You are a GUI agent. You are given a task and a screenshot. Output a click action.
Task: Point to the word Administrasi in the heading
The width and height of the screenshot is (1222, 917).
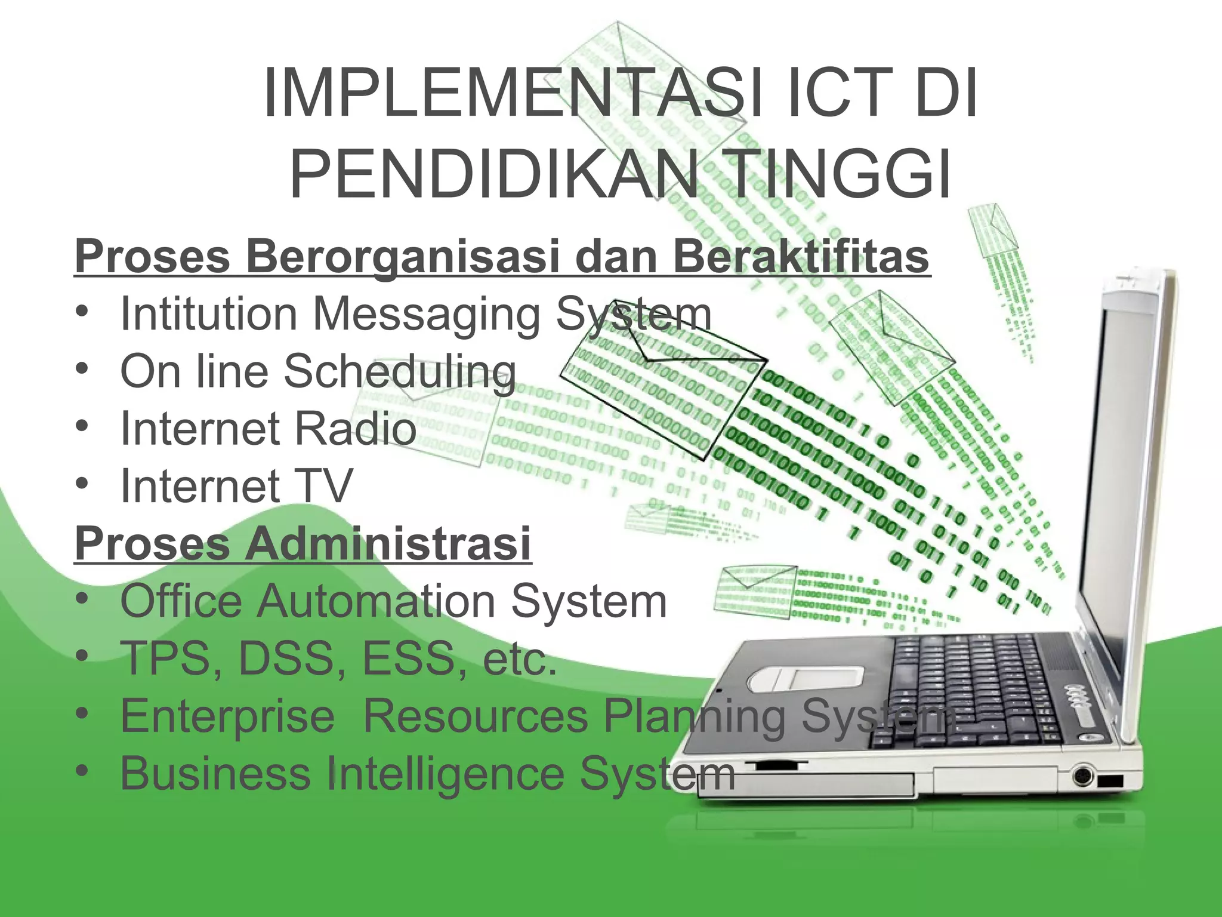[388, 543]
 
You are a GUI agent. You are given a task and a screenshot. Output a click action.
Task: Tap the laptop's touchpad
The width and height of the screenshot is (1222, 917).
[805, 679]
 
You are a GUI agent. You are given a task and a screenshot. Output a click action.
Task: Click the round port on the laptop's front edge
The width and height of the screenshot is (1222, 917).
[1082, 776]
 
